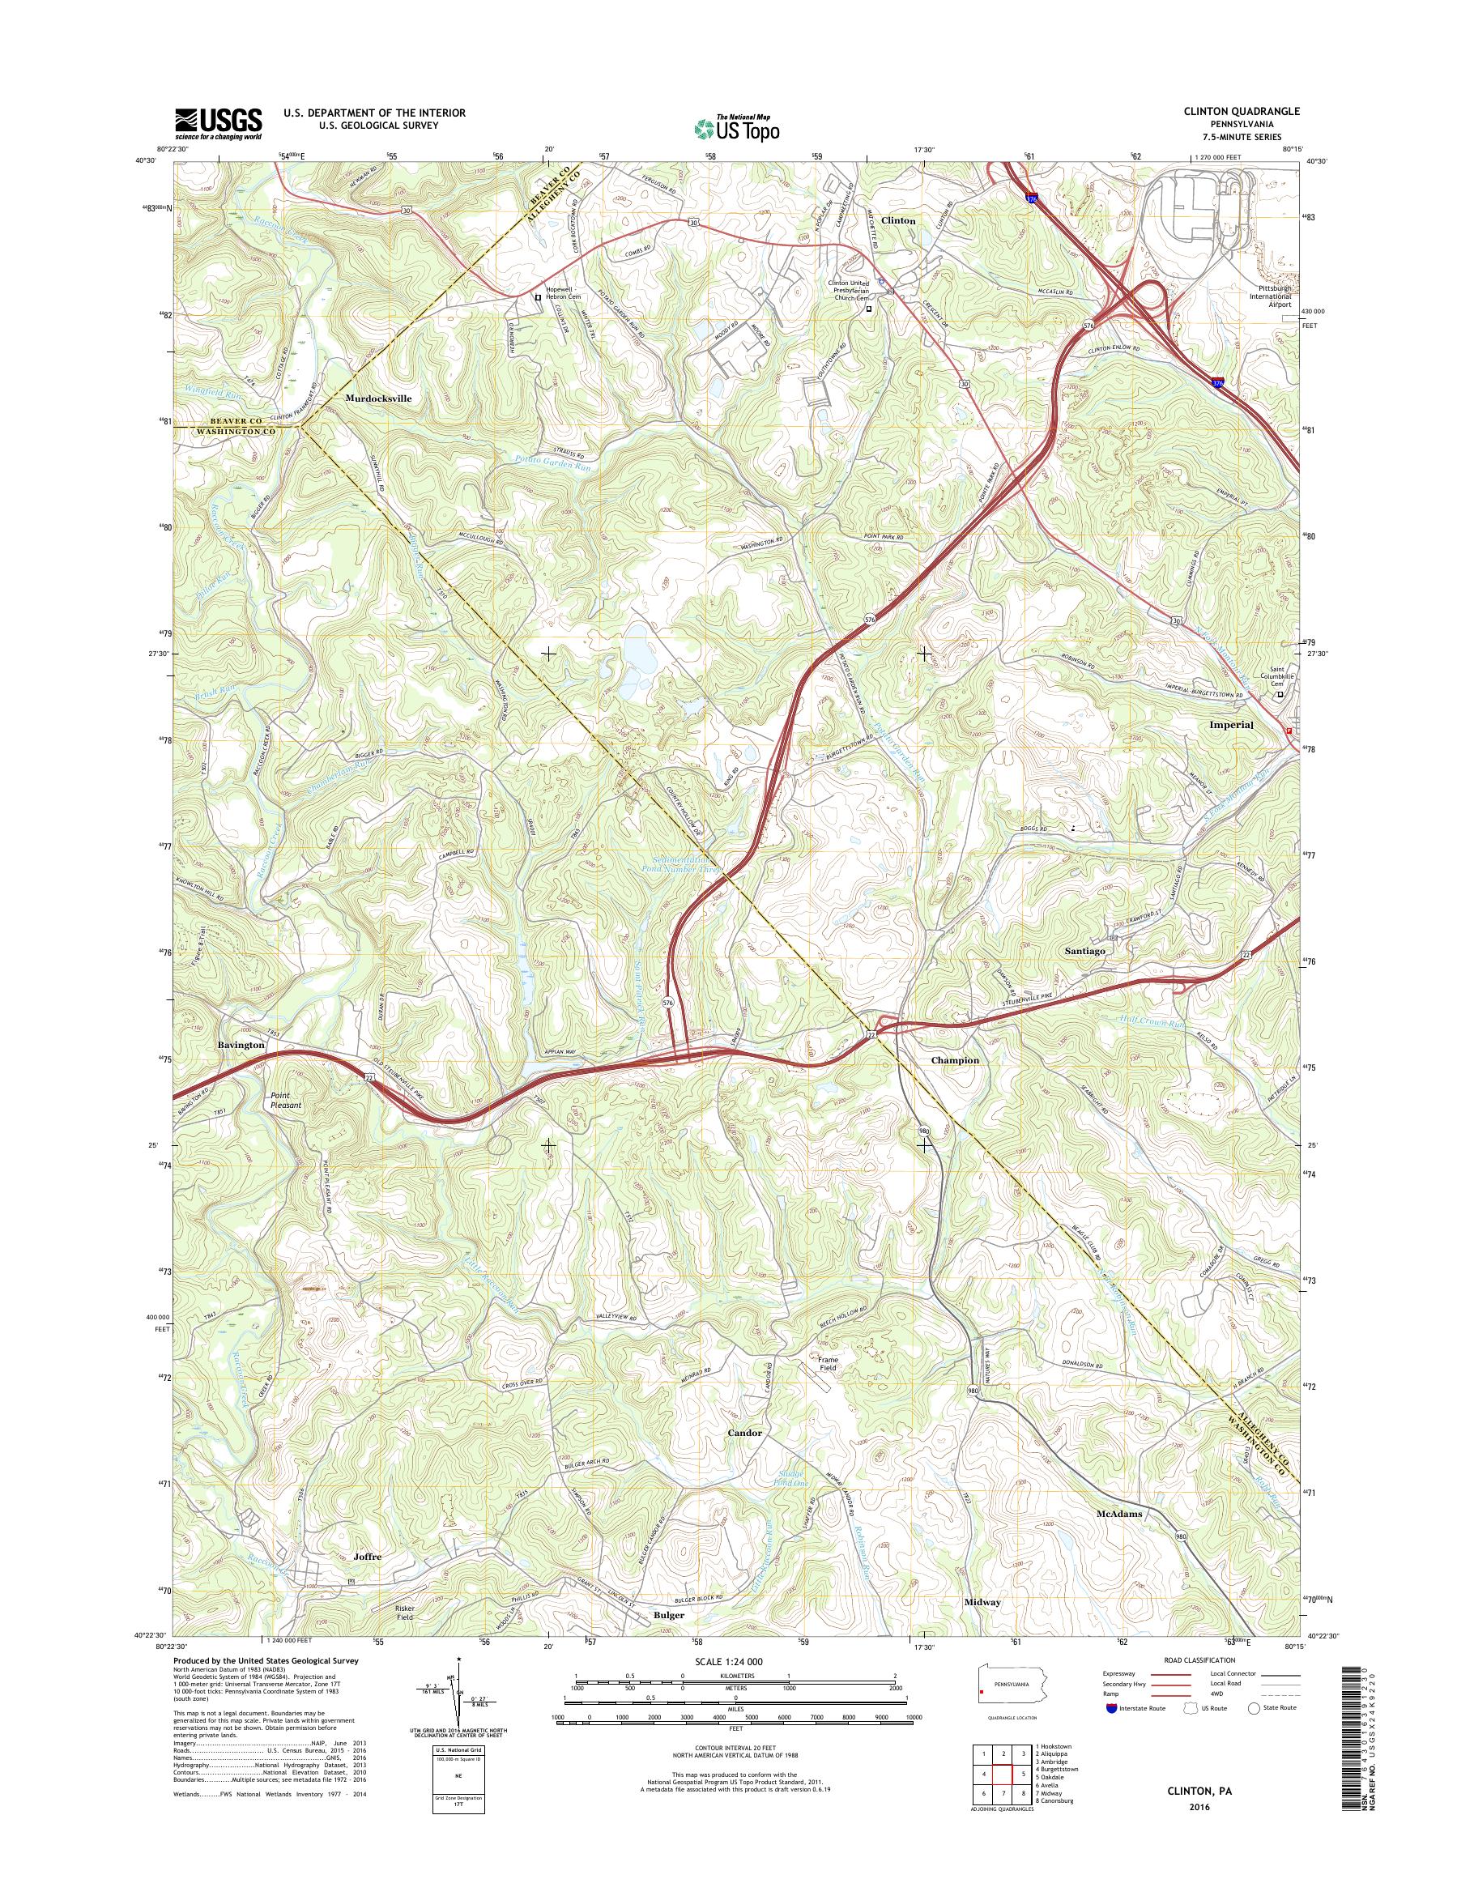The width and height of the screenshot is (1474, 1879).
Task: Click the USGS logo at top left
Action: (x=219, y=123)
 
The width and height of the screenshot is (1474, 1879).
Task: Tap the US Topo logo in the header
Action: (x=736, y=128)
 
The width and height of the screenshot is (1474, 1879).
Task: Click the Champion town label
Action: (x=955, y=1060)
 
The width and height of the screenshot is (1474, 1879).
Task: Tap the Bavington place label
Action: (x=241, y=1044)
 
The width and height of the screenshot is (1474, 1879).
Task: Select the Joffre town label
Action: (x=367, y=1581)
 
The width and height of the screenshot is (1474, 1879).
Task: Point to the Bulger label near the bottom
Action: (x=669, y=1639)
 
